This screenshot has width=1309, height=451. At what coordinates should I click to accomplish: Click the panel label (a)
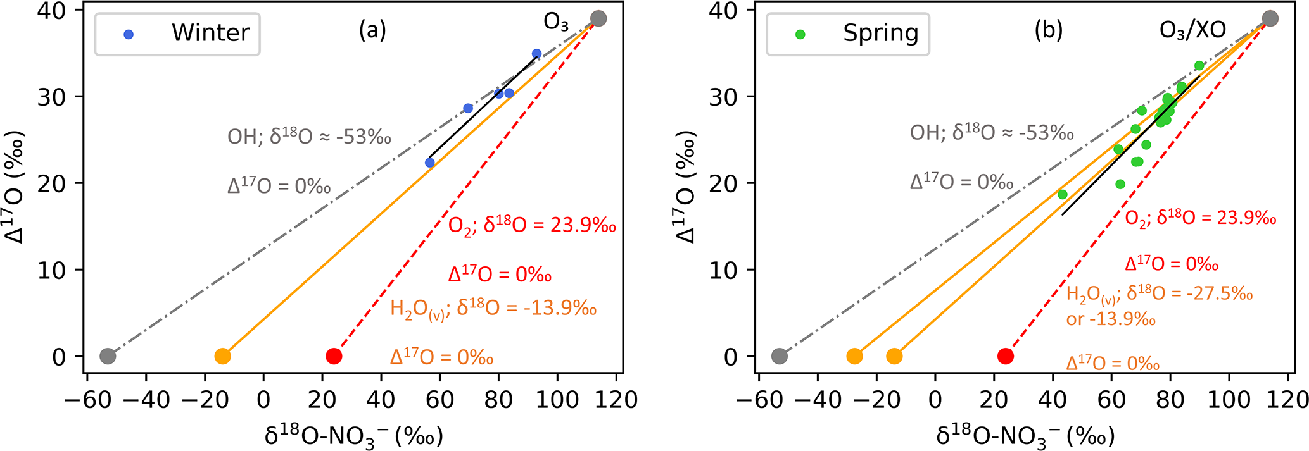372,30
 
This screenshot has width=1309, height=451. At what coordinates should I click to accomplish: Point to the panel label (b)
1048,30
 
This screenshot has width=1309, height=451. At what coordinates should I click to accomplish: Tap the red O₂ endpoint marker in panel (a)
334,356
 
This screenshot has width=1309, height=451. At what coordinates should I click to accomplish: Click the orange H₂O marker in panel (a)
222,356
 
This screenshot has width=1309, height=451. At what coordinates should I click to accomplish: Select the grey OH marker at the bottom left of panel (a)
108,356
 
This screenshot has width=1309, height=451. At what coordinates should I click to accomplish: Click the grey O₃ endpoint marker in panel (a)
598,18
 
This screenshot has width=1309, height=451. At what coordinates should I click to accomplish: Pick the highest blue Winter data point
536,54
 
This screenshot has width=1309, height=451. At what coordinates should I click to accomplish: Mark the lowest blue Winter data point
429,163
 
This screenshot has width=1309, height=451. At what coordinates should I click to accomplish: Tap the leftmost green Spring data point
1063,194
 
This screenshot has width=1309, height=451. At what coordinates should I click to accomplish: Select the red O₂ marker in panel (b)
1005,356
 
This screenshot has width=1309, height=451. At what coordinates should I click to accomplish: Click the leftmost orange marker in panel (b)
854,356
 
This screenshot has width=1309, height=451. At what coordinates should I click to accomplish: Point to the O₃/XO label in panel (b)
1192,30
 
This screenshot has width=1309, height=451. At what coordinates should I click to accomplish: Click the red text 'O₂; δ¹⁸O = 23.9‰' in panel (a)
532,226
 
